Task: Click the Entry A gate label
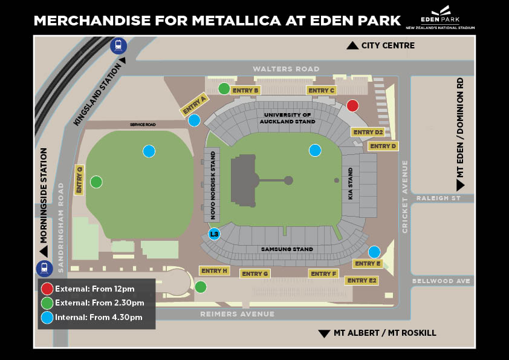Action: pos(195,104)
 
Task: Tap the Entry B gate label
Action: pos(245,90)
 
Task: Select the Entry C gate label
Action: pos(321,91)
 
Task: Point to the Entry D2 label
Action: pos(368,132)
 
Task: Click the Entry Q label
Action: pos(79,180)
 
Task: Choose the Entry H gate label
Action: pos(213,270)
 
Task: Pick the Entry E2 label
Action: pos(361,281)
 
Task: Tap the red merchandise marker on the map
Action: pos(352,106)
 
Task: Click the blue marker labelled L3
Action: pos(214,234)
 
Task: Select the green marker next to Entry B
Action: pos(224,89)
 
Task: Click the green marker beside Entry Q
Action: pos(96,182)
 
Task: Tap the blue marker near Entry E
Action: pos(374,252)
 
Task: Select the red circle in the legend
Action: pos(47,289)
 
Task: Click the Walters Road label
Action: pos(286,69)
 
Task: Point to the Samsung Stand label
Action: pos(287,249)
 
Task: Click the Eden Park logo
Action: pos(440,18)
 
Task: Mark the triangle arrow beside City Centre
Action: pos(352,46)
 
